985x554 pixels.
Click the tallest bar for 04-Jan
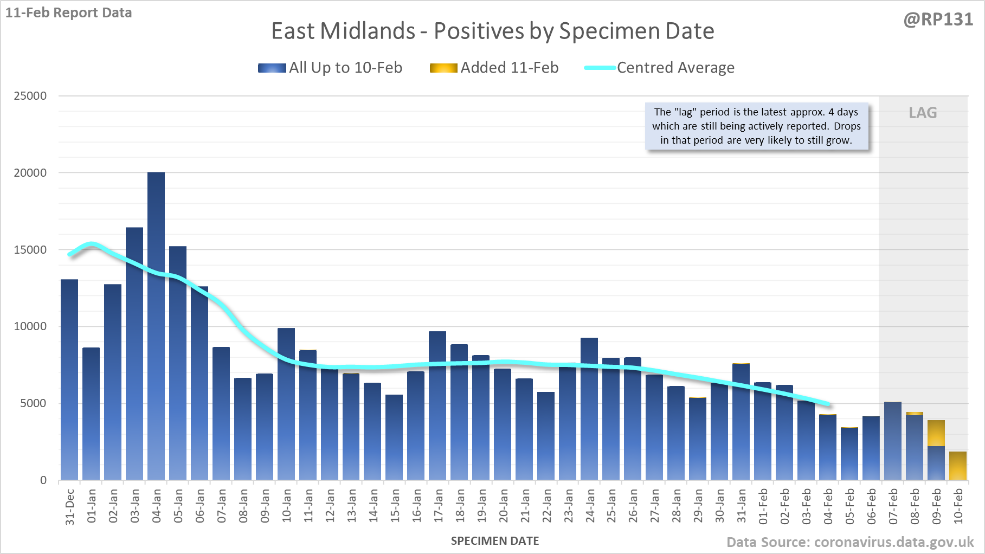coord(156,325)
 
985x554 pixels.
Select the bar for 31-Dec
coord(69,379)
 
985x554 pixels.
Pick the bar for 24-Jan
coord(589,409)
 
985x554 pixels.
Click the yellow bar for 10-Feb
coord(958,466)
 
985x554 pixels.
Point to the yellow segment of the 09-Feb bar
coord(936,433)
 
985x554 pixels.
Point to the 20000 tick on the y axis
coord(30,173)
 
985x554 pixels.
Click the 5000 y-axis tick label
coord(33,403)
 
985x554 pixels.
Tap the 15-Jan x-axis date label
coord(395,506)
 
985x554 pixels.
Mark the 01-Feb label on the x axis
coord(763,506)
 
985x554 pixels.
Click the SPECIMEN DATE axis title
coord(495,541)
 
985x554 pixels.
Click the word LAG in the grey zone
coord(923,113)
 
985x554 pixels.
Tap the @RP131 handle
coord(938,20)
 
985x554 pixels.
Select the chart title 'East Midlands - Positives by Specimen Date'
coord(492,31)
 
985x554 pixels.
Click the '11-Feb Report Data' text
coord(69,12)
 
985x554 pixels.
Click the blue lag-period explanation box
coord(756,126)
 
